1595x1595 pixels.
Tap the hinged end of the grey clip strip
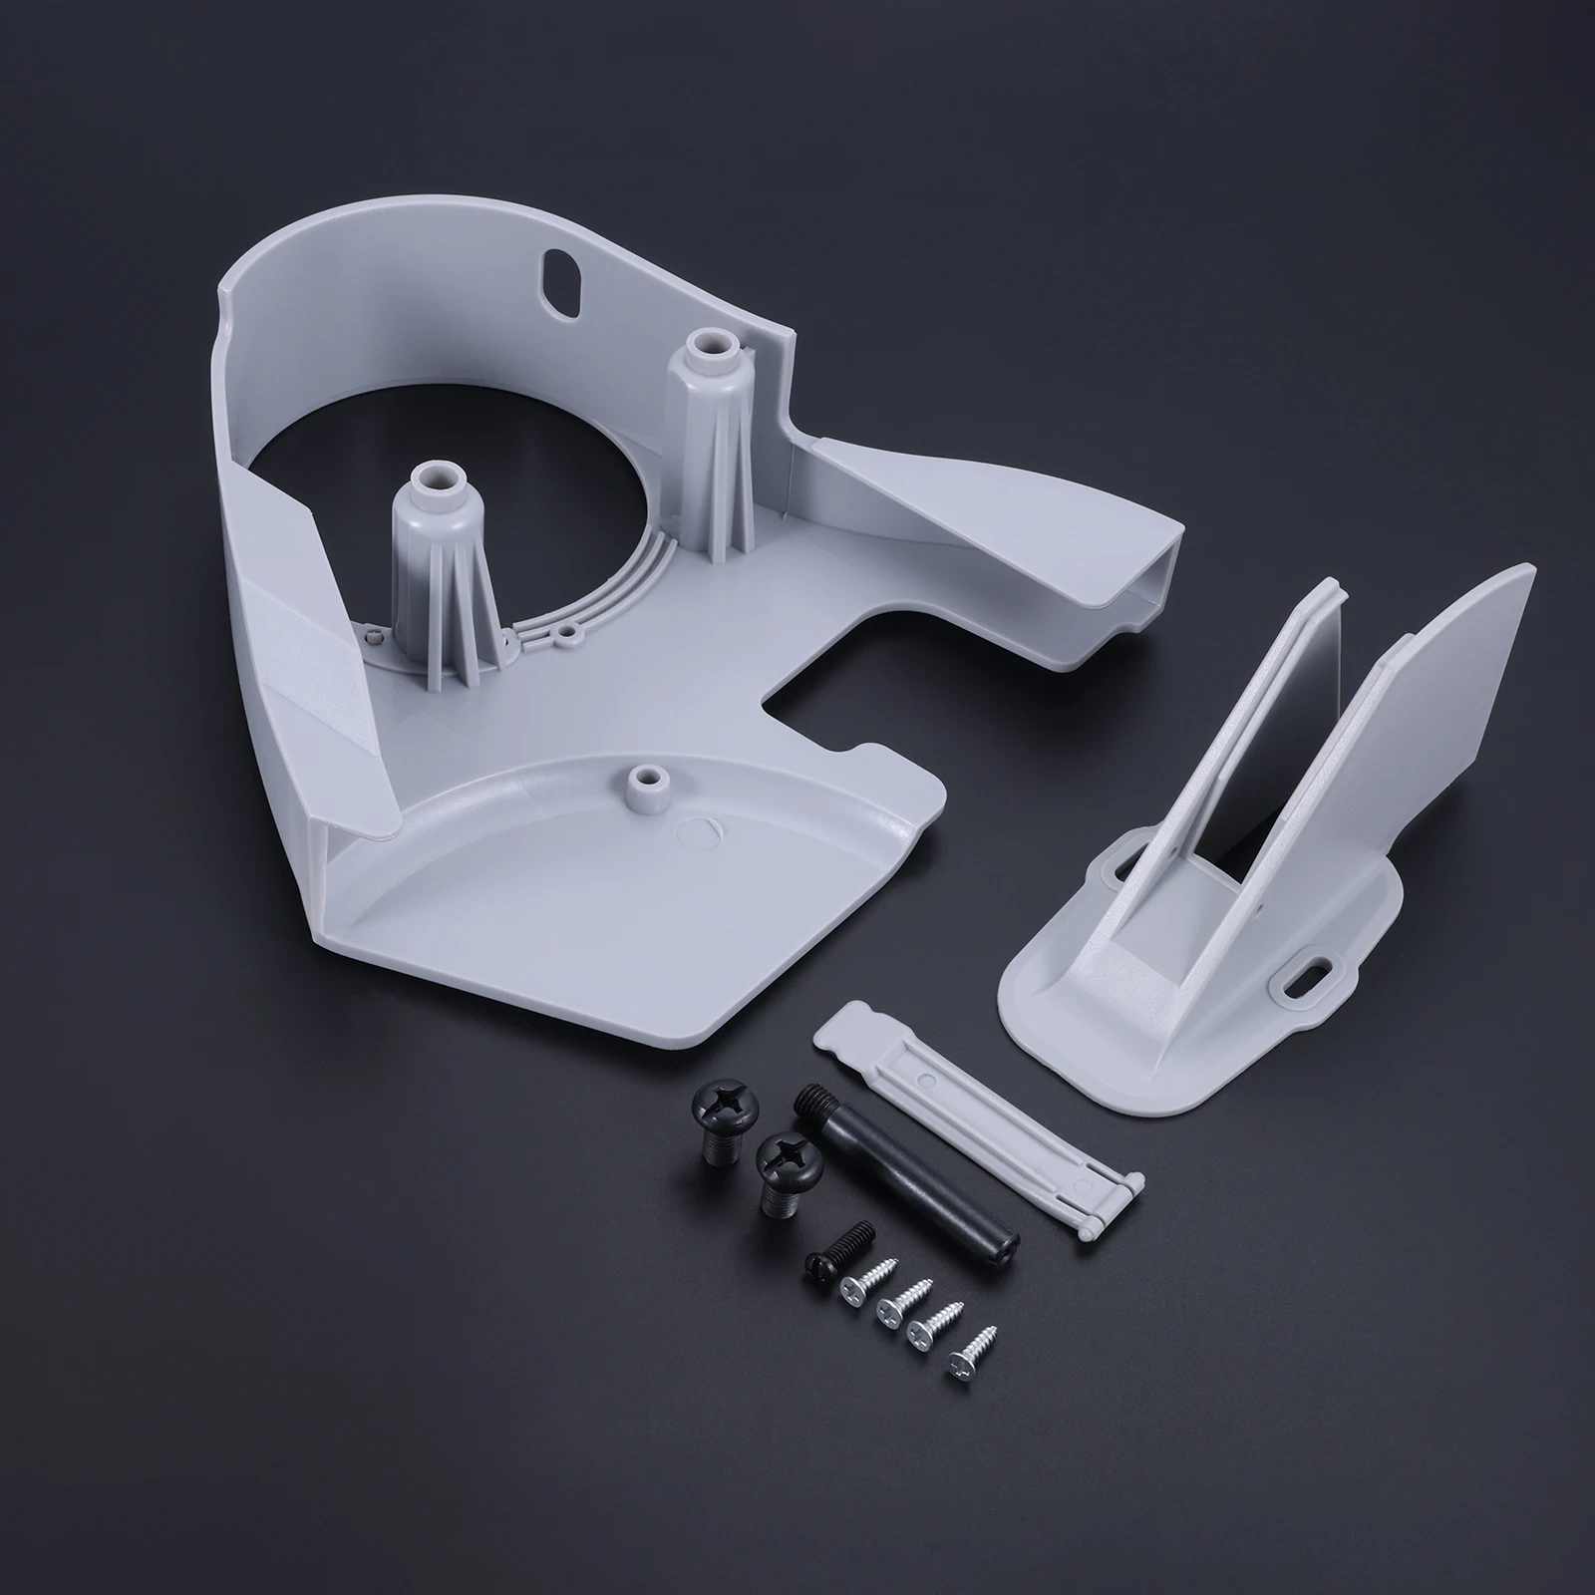pos(1107,1196)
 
